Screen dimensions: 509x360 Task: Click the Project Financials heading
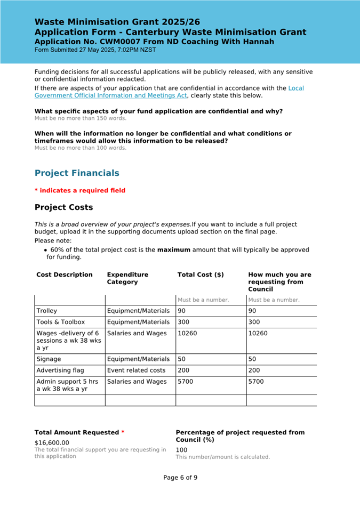point(77,173)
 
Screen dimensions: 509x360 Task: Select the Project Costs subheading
point(63,207)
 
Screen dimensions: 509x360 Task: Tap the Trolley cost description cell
point(47,311)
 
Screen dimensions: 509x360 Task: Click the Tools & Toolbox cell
point(61,322)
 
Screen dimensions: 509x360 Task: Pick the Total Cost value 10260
point(188,334)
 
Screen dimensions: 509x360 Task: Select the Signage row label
point(49,359)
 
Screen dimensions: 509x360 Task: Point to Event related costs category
point(137,370)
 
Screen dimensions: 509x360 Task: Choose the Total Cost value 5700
point(186,382)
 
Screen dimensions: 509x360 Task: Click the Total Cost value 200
point(184,370)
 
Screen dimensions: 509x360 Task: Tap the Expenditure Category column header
point(127,278)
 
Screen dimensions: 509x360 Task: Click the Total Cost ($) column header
point(201,275)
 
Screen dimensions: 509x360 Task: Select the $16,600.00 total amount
point(52,442)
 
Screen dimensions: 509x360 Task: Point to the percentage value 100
point(181,450)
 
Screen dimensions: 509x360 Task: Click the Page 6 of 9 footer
point(180,478)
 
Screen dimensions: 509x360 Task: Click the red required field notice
point(80,191)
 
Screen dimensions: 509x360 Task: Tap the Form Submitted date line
point(95,50)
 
